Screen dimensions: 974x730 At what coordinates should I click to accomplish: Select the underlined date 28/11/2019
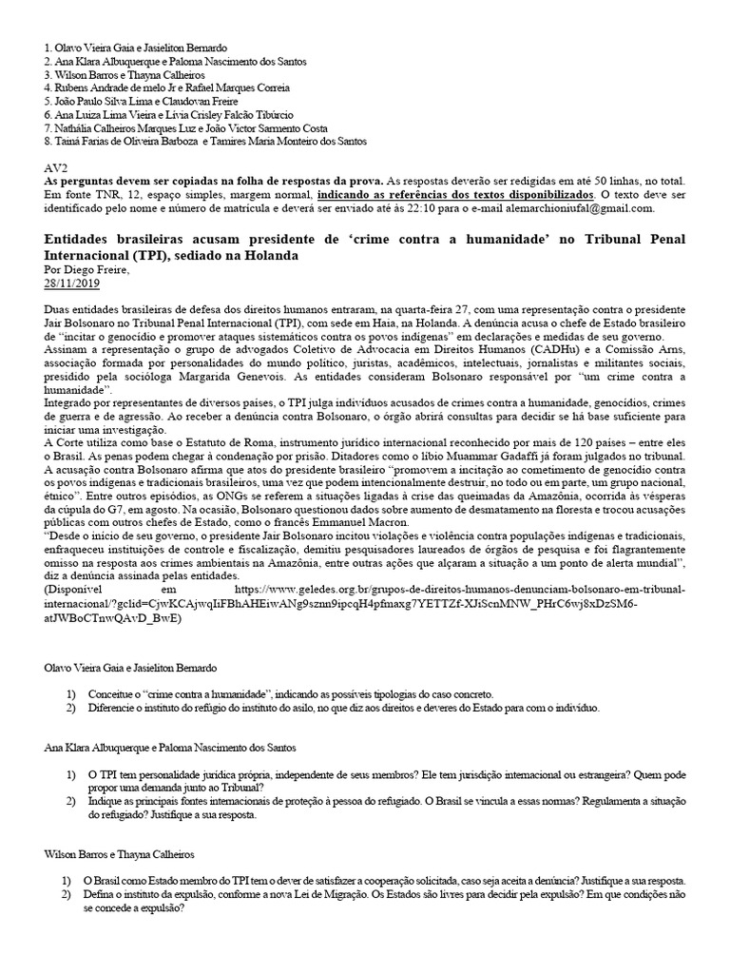pyautogui.click(x=71, y=283)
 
